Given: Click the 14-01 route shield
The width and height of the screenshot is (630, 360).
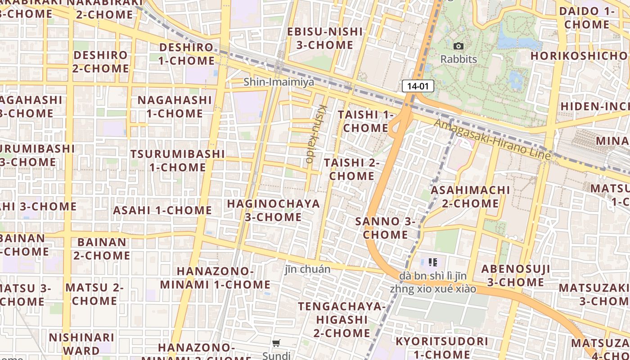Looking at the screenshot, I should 418,86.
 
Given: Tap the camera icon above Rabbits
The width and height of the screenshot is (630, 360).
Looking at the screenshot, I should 459,46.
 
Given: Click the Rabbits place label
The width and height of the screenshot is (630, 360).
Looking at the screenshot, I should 459,59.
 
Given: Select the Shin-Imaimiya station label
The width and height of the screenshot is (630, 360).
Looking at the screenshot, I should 279,82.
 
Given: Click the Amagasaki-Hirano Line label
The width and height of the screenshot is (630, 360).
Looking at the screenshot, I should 493,139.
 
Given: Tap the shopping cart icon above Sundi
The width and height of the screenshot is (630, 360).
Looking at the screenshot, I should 276,343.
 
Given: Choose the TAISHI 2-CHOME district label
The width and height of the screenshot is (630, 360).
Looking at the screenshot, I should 351,169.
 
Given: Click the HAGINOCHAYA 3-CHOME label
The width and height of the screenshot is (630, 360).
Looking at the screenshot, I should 273,210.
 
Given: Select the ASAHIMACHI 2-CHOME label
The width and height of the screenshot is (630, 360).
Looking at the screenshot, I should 470,197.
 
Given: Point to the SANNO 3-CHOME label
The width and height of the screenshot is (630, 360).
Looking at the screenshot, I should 385,228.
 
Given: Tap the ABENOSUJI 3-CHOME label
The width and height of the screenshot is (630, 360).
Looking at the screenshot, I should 516,275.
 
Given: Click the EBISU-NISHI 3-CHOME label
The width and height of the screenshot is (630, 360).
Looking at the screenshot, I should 325,38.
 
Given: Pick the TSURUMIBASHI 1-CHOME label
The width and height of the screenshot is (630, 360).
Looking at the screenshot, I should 177,161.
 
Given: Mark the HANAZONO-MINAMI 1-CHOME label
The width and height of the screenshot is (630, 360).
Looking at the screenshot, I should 215,278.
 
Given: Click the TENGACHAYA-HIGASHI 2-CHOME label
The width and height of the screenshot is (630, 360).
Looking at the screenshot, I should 342,319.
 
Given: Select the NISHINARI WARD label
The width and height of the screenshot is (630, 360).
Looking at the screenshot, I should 81,344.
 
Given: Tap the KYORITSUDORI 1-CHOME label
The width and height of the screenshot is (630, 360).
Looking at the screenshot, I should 441,347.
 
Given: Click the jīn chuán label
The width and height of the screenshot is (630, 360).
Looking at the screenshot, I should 307,269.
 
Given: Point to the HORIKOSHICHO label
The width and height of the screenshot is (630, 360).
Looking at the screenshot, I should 579,56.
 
